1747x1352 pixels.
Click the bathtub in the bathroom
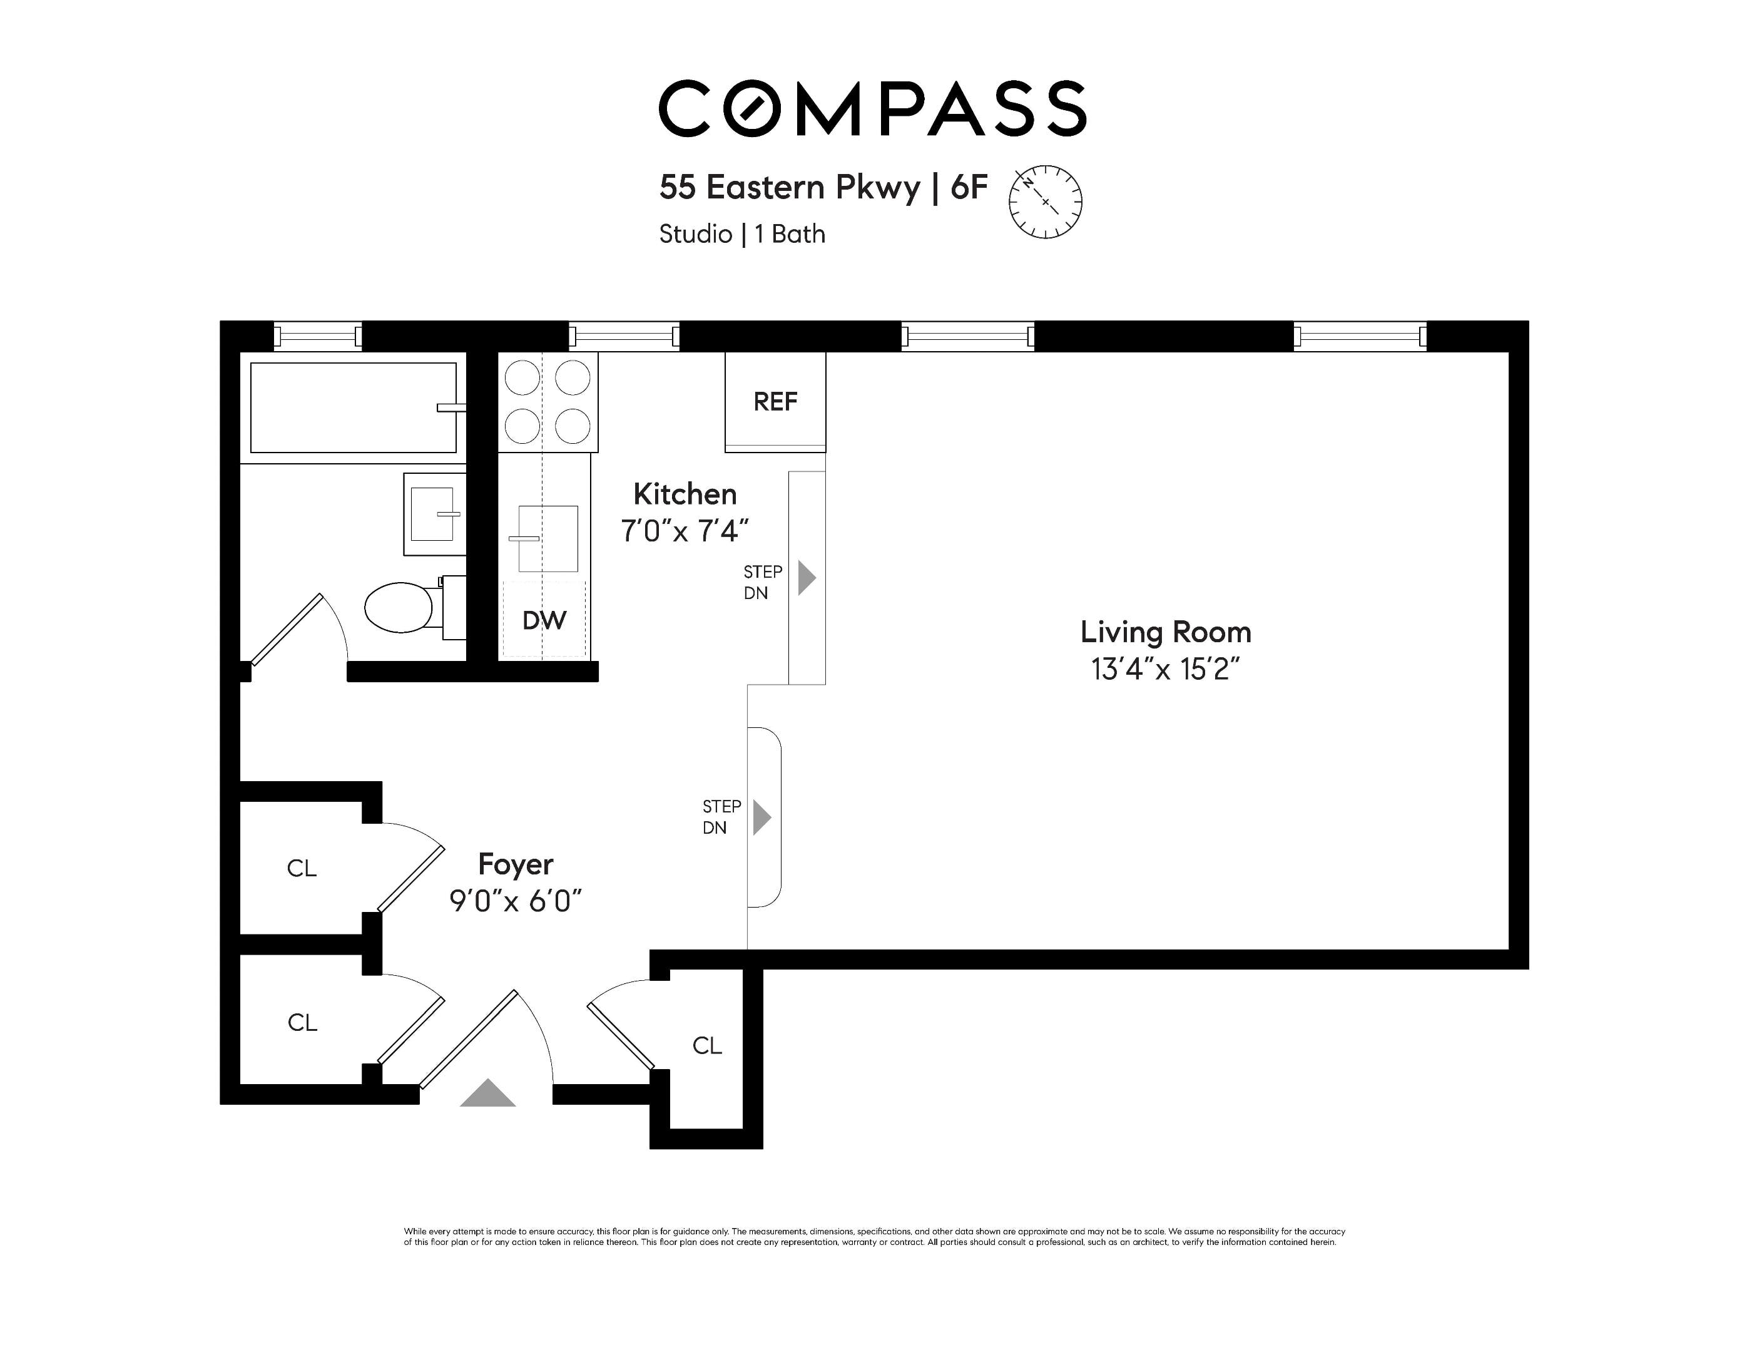353,407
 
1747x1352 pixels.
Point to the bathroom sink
433,514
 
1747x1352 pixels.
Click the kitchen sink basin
548,538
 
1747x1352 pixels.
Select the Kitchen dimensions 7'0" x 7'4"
684,530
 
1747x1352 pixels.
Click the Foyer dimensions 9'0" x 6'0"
515,901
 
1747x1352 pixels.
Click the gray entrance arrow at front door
487,1093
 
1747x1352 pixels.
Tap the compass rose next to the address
1045,202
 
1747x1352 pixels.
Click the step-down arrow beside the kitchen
807,578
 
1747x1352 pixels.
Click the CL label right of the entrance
706,1045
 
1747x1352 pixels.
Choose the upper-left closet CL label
302,868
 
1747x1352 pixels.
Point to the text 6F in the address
969,187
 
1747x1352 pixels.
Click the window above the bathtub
318,336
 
